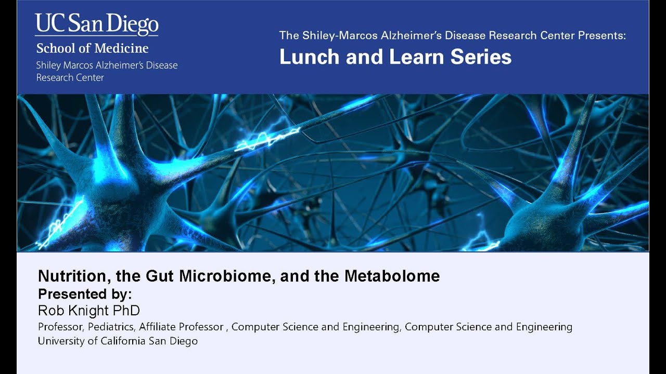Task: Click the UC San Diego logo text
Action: click(97, 24)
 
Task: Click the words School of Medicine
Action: click(92, 49)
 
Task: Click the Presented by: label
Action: click(85, 293)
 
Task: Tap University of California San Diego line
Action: click(118, 341)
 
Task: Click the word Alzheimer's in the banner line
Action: click(403, 35)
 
